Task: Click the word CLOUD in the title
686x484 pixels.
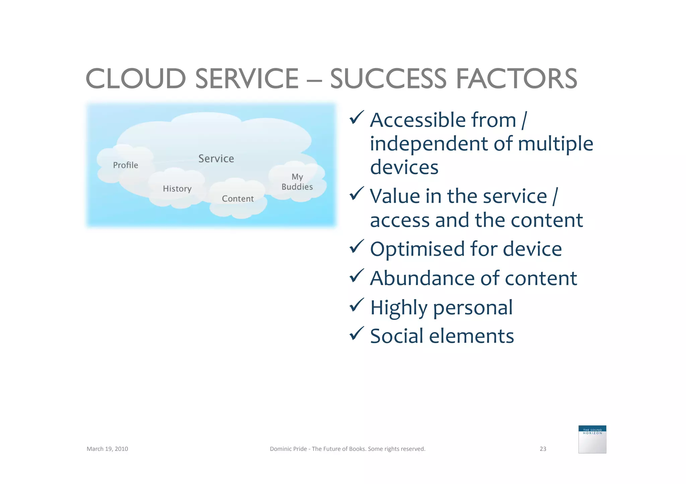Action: click(x=136, y=79)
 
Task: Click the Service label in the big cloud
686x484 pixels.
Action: click(x=216, y=159)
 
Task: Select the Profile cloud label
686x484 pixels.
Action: click(x=125, y=165)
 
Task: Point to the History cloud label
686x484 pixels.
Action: click(x=177, y=189)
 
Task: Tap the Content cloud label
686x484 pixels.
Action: click(x=238, y=199)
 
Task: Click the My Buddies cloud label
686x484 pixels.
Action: click(x=297, y=182)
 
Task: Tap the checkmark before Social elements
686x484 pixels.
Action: click(x=356, y=333)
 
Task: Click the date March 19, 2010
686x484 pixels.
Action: click(x=107, y=449)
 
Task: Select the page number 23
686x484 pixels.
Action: click(x=543, y=449)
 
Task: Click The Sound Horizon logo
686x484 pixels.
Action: click(x=592, y=439)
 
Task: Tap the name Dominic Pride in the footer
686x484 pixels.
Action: click(x=288, y=449)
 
